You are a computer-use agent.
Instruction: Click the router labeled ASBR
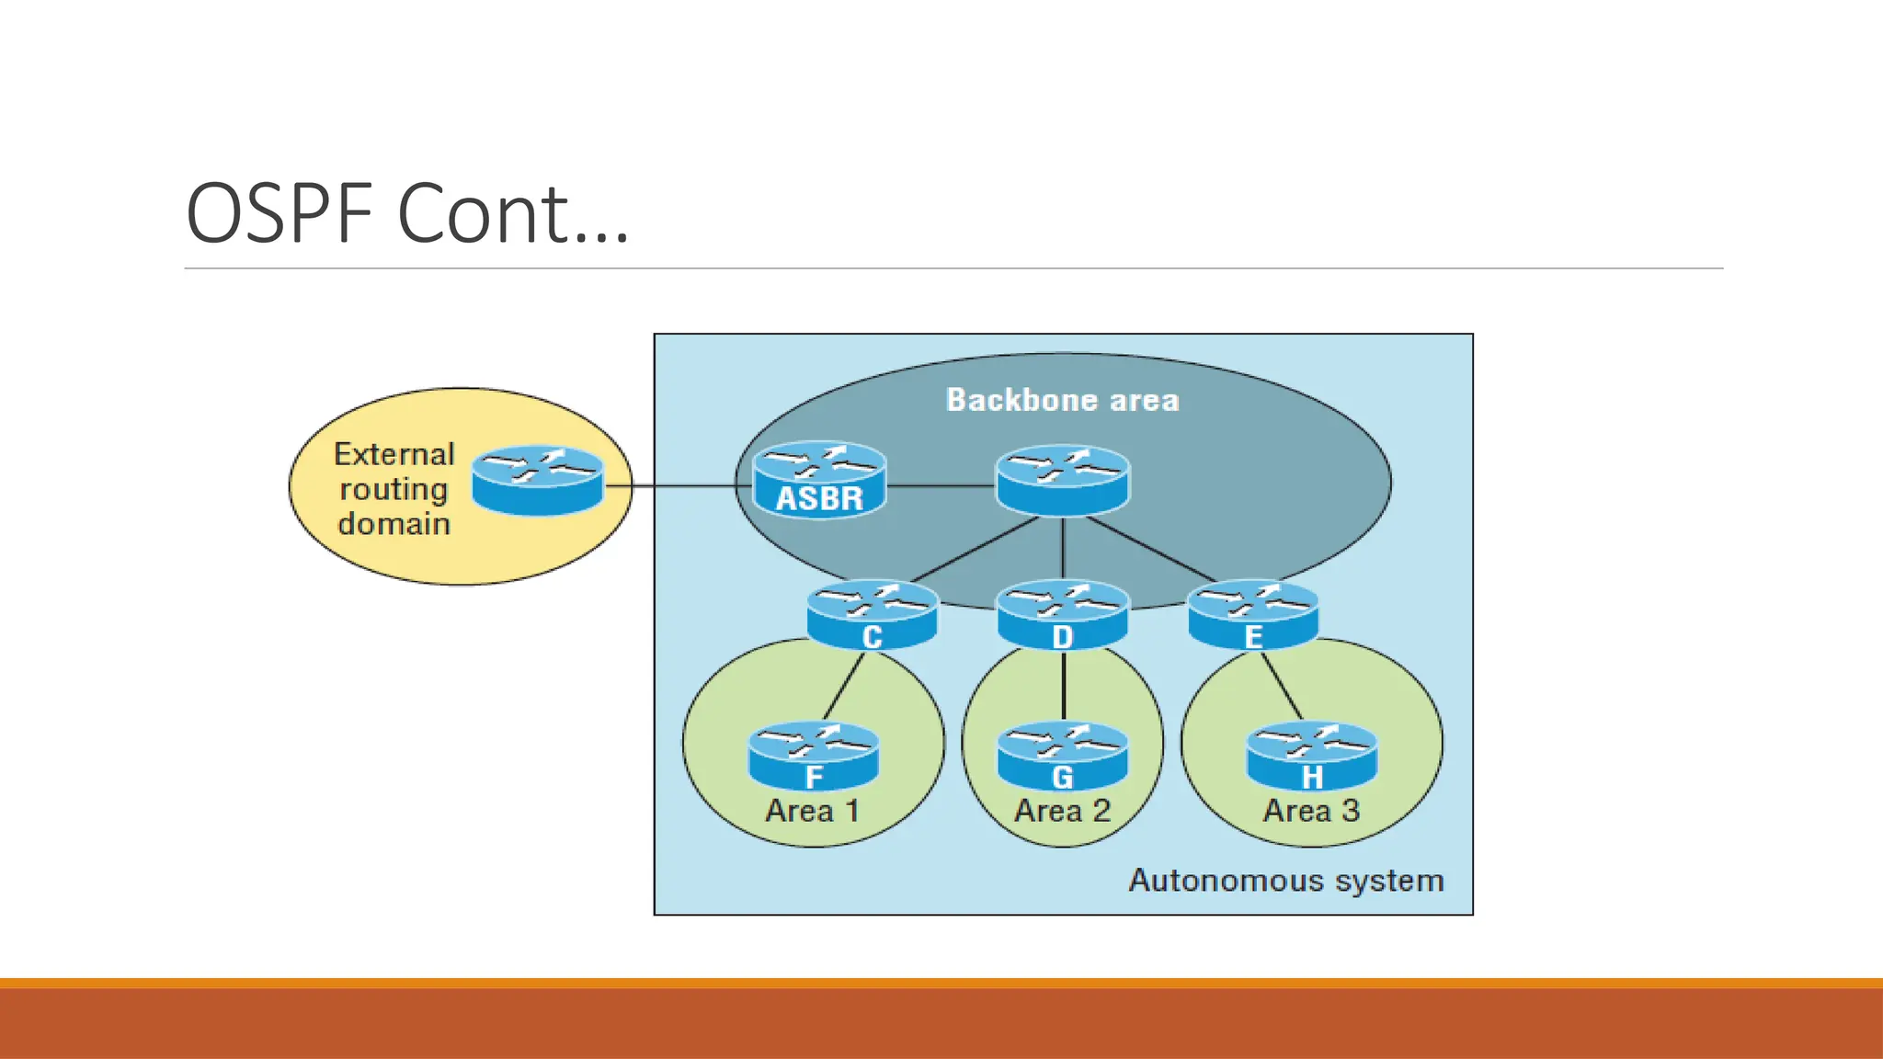coord(819,480)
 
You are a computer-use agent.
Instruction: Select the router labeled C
coord(873,614)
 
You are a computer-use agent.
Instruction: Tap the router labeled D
coord(1063,614)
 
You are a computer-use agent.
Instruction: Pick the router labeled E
coord(1253,614)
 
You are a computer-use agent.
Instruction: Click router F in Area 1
coord(814,756)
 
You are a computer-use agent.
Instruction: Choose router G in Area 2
coord(1063,756)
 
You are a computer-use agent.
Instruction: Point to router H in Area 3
coord(1311,756)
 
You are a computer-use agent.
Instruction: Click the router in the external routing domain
coord(538,480)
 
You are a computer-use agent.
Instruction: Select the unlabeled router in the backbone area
coord(1063,480)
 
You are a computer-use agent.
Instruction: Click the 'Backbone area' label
coord(1062,400)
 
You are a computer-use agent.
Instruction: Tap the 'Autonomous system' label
coord(1285,881)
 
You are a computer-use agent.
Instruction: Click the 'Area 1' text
coord(813,811)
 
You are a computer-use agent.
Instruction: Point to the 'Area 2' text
coord(1062,811)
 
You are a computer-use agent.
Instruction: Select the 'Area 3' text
coord(1311,811)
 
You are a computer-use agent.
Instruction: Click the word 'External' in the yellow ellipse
coord(394,454)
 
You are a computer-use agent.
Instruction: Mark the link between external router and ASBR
coord(676,485)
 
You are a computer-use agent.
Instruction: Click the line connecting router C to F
coord(844,686)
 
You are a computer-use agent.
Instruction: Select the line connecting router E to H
coord(1282,686)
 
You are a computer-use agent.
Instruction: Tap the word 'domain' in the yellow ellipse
coord(394,524)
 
